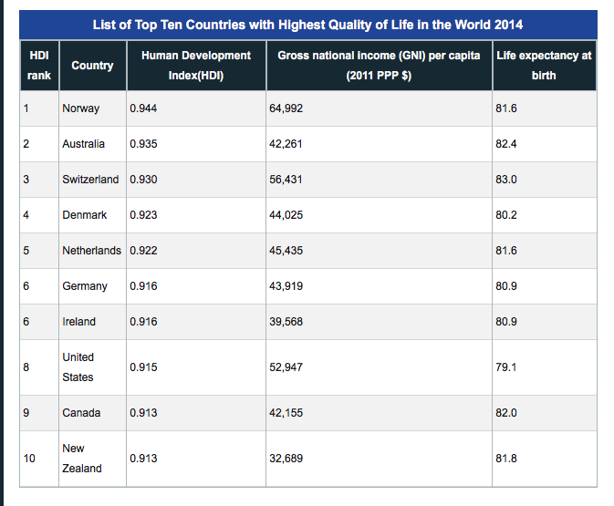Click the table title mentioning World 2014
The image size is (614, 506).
[307, 24]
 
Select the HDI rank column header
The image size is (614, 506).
[38, 66]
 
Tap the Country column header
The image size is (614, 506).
[92, 66]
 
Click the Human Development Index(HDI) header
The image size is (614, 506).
[196, 66]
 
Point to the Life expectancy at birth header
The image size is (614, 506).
[544, 66]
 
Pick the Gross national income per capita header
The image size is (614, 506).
[379, 66]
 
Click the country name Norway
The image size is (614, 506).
[80, 108]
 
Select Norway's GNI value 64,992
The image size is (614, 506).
[286, 108]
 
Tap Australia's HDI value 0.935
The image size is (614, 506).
[143, 144]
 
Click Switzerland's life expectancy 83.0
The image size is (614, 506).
[506, 180]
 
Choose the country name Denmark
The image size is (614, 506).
[84, 215]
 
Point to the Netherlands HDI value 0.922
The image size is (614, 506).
[143, 251]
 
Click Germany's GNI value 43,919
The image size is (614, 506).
[286, 286]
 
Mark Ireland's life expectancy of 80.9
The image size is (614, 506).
[506, 322]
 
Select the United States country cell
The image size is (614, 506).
[78, 367]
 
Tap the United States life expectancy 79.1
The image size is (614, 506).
[506, 367]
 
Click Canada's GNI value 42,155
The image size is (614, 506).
[286, 413]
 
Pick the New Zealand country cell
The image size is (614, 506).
[81, 458]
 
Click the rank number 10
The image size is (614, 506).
[28, 459]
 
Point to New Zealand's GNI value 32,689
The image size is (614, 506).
[286, 459]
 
